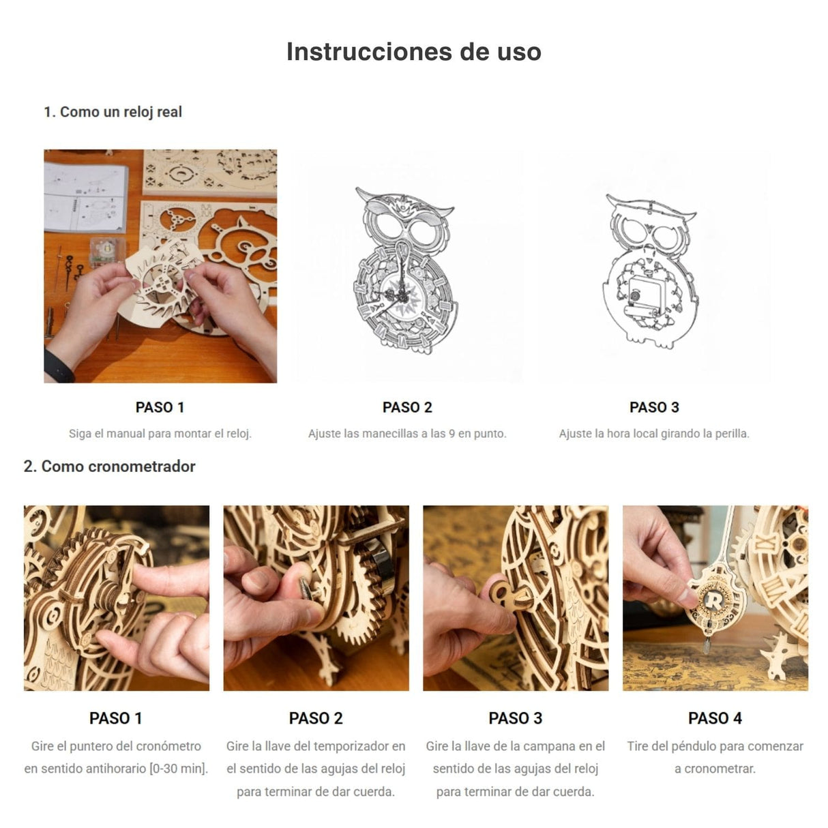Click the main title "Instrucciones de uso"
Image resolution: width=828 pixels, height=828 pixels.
(x=413, y=52)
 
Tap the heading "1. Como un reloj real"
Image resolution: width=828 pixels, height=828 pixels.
(x=113, y=112)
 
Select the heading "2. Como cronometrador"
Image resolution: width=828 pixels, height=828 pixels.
(x=110, y=467)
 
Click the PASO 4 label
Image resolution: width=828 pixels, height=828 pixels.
(x=715, y=718)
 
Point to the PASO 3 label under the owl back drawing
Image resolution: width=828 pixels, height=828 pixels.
(x=654, y=407)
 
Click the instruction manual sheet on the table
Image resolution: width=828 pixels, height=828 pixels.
(x=85, y=197)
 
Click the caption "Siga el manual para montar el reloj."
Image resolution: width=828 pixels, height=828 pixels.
(x=160, y=434)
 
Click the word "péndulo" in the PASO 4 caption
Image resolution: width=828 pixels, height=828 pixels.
(x=694, y=746)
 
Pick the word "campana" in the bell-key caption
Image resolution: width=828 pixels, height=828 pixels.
(x=559, y=746)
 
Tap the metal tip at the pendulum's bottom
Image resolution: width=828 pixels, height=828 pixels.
(x=707, y=645)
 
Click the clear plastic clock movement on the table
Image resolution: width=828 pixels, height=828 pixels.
(x=107, y=251)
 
